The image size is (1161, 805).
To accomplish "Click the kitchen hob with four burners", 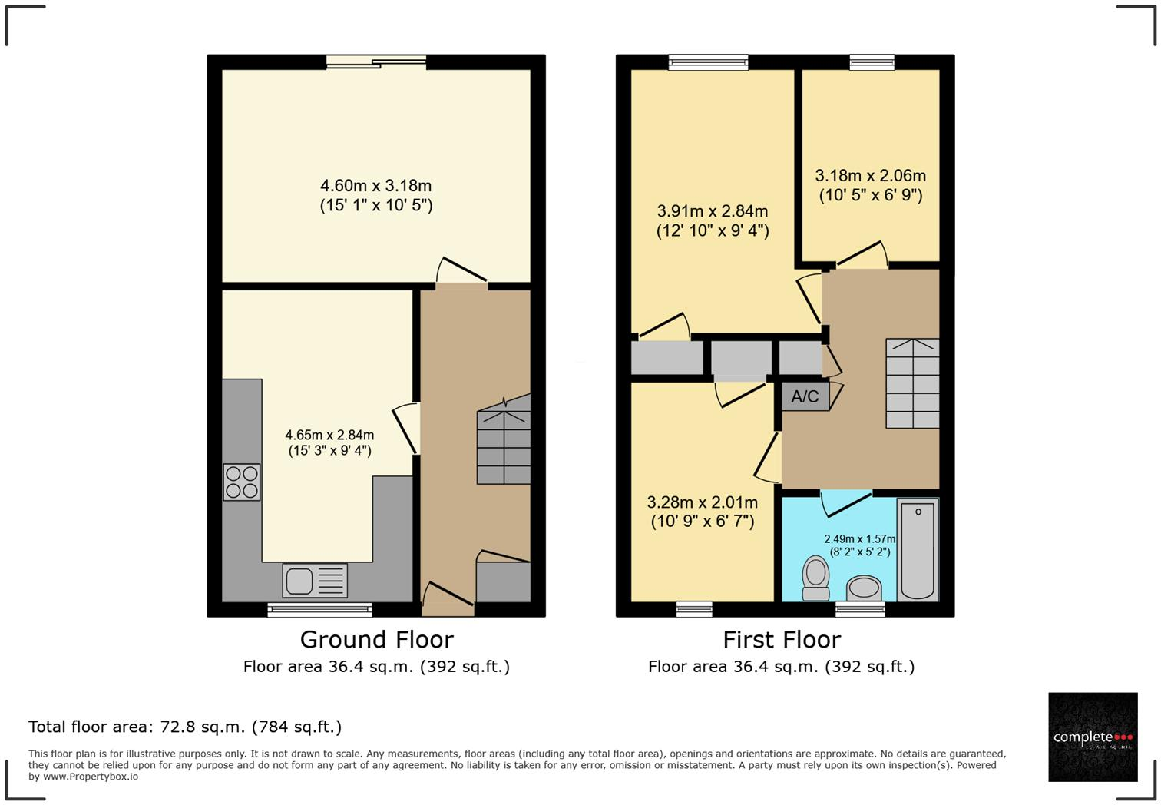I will [x=241, y=482].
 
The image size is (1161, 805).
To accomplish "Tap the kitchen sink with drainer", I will [x=315, y=580].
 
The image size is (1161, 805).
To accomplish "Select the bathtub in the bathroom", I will [x=917, y=550].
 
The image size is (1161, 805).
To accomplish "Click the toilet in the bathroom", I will [x=815, y=578].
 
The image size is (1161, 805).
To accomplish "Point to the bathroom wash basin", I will [x=864, y=588].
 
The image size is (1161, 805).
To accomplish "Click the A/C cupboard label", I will [x=805, y=396].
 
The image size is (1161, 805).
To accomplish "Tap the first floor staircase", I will [x=912, y=383].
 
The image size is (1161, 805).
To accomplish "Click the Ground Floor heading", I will [x=376, y=639].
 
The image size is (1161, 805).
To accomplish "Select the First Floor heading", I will [x=781, y=639].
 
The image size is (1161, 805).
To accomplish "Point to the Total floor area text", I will [x=185, y=727].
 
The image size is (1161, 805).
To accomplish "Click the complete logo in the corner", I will [x=1093, y=737].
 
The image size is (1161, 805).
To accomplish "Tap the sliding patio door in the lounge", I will [x=376, y=62].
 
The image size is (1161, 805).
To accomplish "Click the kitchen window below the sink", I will [x=319, y=610].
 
